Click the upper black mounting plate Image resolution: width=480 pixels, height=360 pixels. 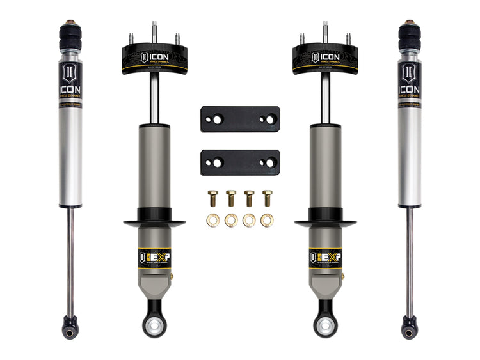(x=240, y=119)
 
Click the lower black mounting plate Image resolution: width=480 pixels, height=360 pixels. (x=240, y=162)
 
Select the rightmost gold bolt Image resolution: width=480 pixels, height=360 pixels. (x=267, y=198)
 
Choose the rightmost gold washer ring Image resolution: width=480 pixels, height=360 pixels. (x=267, y=221)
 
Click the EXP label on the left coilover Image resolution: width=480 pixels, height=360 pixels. (x=154, y=258)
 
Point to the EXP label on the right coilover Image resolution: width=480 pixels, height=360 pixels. (x=326, y=258)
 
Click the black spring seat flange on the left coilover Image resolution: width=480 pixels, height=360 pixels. (x=154, y=223)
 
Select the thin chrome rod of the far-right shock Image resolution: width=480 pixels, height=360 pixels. (x=410, y=262)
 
